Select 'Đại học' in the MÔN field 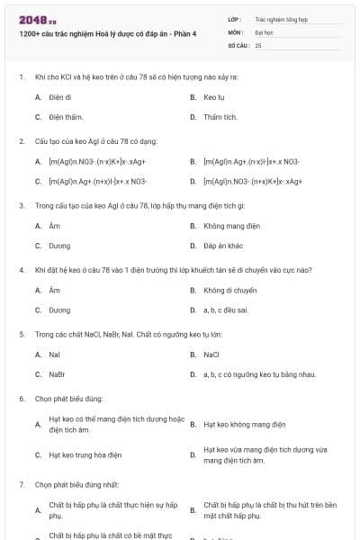coord(264,31)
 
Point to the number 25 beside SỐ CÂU coord(258,44)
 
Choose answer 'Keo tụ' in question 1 coord(213,96)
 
